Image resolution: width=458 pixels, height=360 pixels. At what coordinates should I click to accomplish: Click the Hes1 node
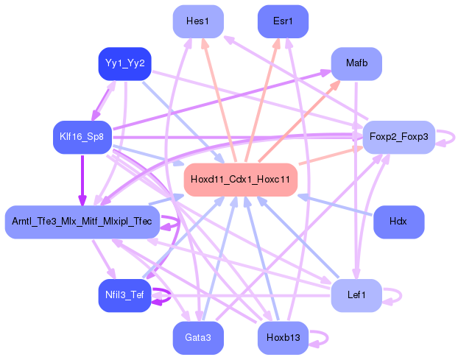[x=197, y=21]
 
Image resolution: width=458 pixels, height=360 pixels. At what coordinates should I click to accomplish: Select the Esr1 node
[x=283, y=21]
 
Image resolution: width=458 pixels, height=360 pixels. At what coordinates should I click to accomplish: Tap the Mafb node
[x=356, y=64]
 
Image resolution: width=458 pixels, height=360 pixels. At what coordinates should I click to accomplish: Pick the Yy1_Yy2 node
[x=124, y=64]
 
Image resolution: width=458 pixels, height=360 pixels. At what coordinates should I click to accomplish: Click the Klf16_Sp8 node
[x=82, y=137]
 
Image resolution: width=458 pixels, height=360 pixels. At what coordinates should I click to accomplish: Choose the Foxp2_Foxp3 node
[x=398, y=137]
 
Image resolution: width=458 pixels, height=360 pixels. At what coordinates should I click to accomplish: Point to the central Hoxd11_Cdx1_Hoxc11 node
[x=240, y=180]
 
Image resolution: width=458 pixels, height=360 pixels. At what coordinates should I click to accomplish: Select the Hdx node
[x=398, y=222]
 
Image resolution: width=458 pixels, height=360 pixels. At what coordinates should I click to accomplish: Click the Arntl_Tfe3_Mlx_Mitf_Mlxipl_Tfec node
[x=82, y=222]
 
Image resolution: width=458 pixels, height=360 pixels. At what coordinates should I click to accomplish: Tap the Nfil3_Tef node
[x=124, y=295]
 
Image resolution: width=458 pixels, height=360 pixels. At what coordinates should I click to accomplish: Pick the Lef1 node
[x=356, y=295]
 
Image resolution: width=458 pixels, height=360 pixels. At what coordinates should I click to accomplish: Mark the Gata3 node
[x=197, y=338]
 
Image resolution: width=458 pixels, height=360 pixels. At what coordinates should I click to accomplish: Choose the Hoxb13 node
[x=283, y=338]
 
